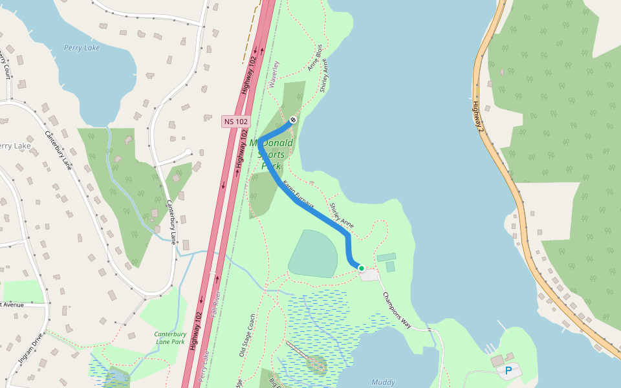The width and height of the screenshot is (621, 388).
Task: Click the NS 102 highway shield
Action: point(236,121)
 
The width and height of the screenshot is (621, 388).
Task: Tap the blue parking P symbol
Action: point(508,371)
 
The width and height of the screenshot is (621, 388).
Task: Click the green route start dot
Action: point(362,268)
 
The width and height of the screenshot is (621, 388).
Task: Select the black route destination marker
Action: point(293,120)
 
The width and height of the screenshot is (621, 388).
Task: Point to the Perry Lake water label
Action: point(82,48)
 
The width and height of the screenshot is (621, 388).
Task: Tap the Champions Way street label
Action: point(397,310)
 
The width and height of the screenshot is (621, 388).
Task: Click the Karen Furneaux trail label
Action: point(299,195)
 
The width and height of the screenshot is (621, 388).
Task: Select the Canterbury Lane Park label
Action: point(170,338)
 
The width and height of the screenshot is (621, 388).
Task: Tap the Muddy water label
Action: point(384,382)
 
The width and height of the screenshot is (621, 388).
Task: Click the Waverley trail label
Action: point(272,74)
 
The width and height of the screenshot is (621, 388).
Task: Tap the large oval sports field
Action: point(313,253)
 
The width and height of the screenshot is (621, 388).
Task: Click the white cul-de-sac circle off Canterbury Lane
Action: point(188,153)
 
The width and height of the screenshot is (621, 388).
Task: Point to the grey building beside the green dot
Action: point(369,275)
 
